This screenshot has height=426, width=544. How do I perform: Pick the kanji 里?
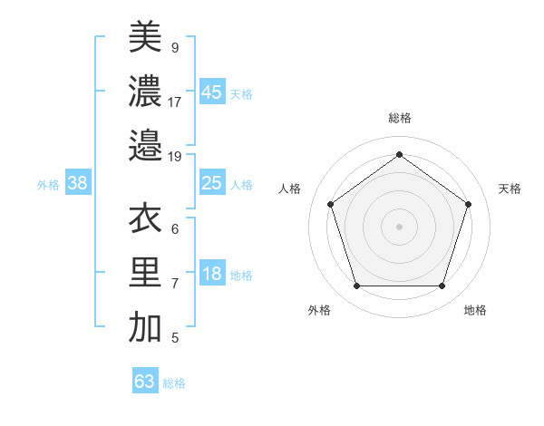[x=145, y=273]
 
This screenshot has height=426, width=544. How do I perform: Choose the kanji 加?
[x=145, y=327]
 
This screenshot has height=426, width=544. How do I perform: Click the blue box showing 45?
[x=211, y=92]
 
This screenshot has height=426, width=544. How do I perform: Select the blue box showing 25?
[x=211, y=183]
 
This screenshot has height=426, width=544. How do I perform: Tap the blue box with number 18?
[x=211, y=275]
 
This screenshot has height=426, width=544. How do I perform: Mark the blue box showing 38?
[x=77, y=183]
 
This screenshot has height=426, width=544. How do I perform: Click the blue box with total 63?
[x=145, y=381]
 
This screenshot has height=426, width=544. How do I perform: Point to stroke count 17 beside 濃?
[x=175, y=102]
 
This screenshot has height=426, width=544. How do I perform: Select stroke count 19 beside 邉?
[x=175, y=156]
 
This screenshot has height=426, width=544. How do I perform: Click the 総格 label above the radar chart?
[x=399, y=118]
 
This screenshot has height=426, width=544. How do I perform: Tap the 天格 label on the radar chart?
[x=510, y=189]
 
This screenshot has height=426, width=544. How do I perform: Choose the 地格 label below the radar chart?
[x=475, y=310]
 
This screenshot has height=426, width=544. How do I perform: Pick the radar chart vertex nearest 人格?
[x=330, y=204]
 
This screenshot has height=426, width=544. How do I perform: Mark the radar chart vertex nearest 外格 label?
[x=356, y=286]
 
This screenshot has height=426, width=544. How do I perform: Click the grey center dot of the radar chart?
[x=399, y=227]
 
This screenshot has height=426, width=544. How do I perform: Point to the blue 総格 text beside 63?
[x=174, y=383]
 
